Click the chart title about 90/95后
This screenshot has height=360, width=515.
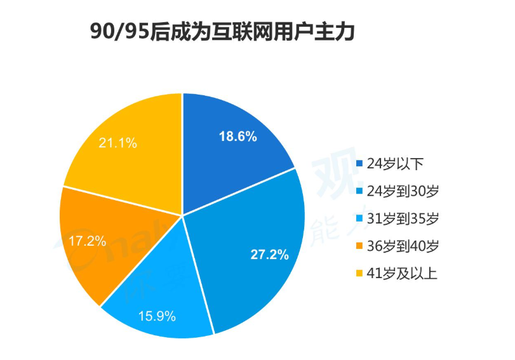tap(222, 32)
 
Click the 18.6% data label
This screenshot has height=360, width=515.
tap(237, 137)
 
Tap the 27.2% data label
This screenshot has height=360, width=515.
tap(270, 255)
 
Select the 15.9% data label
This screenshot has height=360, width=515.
tap(157, 316)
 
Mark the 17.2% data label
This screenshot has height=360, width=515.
tap(88, 241)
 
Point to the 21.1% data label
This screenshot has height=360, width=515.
tap(118, 143)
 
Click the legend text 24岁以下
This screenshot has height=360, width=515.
tap(395, 164)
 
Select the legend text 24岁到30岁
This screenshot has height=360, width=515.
tap(403, 191)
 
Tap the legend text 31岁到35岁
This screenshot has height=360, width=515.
tap(403, 218)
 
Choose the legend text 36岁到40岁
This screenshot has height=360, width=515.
tap(403, 246)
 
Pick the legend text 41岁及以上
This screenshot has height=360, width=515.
tap(402, 273)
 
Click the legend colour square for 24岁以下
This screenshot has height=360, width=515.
tap(359, 164)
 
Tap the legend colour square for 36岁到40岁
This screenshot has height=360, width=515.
tap(359, 246)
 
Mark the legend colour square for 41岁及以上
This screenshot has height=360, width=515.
tap(359, 273)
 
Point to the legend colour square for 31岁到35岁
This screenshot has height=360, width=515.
tap(359, 218)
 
